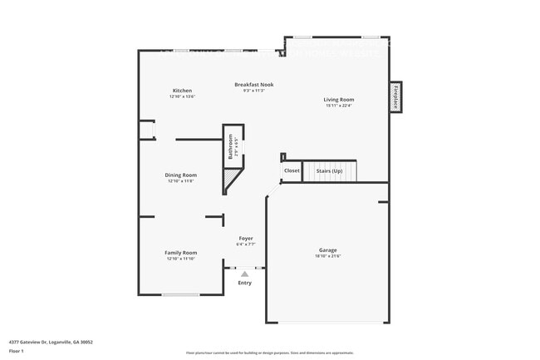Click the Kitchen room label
pyautogui.click(x=183, y=91)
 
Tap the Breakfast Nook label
pyautogui.click(x=253, y=84)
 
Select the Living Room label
pyautogui.click(x=338, y=100)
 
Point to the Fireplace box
pyautogui.click(x=396, y=96)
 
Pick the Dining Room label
pyautogui.click(x=180, y=175)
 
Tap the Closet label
pyautogui.click(x=292, y=170)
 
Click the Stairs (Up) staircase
pyautogui.click(x=329, y=171)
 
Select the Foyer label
pyautogui.click(x=246, y=239)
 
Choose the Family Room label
pyautogui.click(x=180, y=253)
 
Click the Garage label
pyautogui.click(x=328, y=249)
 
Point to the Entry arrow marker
pyautogui.click(x=245, y=272)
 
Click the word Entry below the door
pyautogui.click(x=245, y=283)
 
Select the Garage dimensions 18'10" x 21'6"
pyautogui.click(x=328, y=256)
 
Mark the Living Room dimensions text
pyautogui.click(x=338, y=106)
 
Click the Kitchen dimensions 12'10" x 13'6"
pyautogui.click(x=183, y=96)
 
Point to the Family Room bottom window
pyautogui.click(x=180, y=294)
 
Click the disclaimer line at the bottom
pyautogui.click(x=269, y=353)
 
